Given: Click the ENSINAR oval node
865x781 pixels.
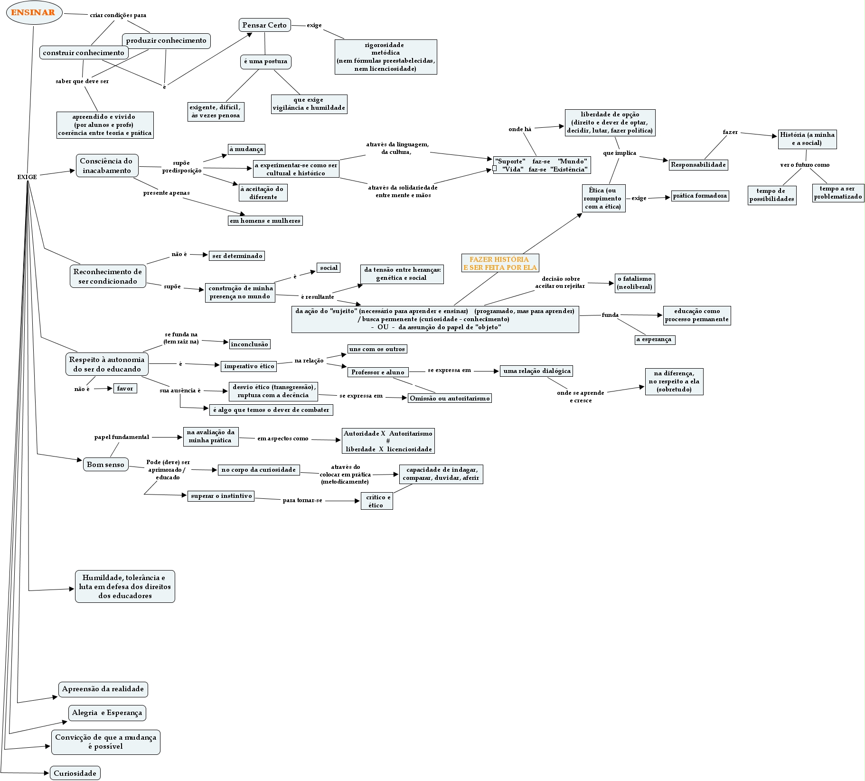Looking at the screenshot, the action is [x=33, y=12].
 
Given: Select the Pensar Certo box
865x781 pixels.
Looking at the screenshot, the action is [x=264, y=25].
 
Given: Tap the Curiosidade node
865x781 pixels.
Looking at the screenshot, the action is [x=75, y=773].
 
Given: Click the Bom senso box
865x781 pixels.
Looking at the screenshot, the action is [x=105, y=465].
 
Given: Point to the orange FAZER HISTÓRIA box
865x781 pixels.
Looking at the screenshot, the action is [x=500, y=263].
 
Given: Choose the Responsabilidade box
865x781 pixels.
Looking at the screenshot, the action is [x=698, y=165].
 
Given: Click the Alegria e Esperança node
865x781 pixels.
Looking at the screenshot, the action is [x=107, y=713].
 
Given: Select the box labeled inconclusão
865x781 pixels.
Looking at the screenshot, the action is [x=249, y=344].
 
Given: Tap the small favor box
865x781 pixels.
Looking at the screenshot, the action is [x=125, y=389].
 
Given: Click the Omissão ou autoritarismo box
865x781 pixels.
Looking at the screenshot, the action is [x=450, y=398].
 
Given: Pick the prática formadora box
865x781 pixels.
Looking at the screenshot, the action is [x=700, y=196].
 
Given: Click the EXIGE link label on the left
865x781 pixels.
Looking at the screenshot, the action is [x=27, y=177].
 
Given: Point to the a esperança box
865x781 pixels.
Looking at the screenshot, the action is [x=654, y=340].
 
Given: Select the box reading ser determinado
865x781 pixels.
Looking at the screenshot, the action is [x=237, y=256].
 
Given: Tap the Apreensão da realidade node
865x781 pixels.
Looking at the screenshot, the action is [x=103, y=689].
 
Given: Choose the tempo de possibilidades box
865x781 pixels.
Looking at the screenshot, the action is [x=771, y=195].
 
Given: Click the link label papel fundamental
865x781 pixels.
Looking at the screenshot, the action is [x=122, y=437].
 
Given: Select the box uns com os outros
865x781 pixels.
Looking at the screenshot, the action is [x=377, y=349].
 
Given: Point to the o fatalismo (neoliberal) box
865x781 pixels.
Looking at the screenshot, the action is [x=635, y=283].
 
